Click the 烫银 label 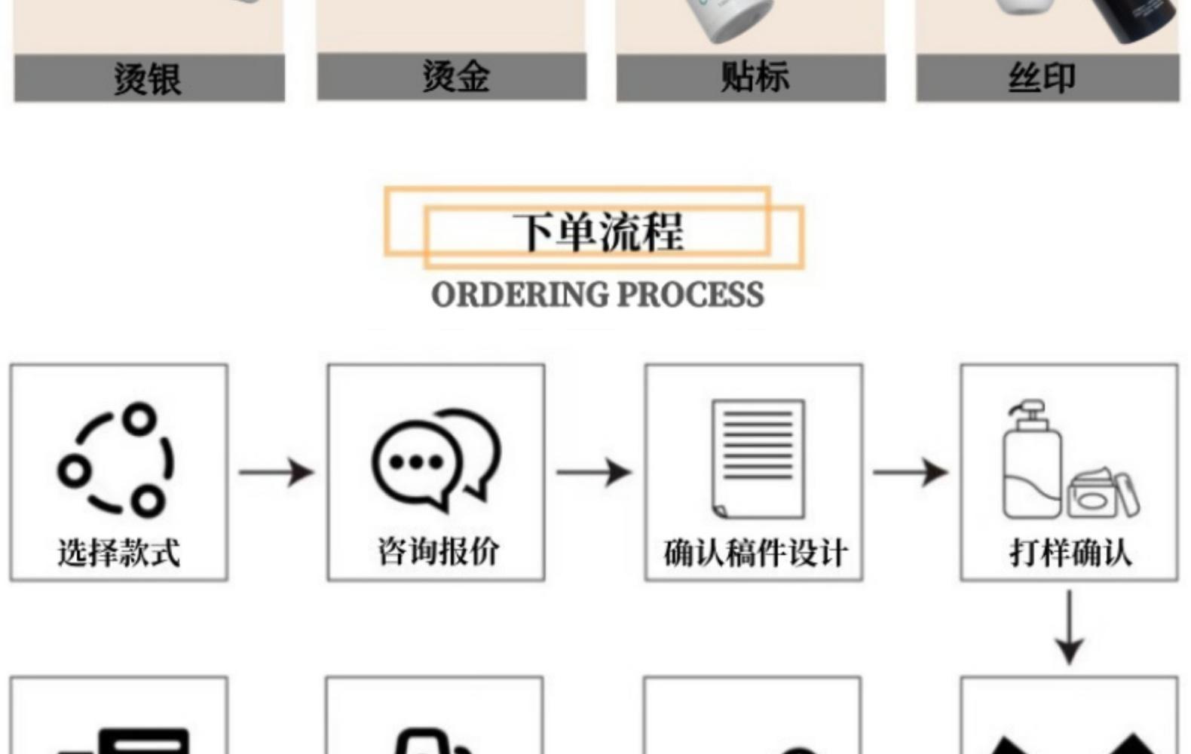click(x=148, y=78)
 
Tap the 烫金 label click(x=455, y=76)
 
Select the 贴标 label click(x=754, y=76)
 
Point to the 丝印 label click(x=1043, y=78)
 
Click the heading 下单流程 click(x=598, y=231)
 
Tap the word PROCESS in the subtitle click(x=690, y=294)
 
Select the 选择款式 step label click(x=119, y=553)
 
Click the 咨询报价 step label click(x=438, y=551)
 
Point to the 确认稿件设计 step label click(x=755, y=553)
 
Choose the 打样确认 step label click(x=1070, y=553)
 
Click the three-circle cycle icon click(x=117, y=459)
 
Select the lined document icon click(x=758, y=458)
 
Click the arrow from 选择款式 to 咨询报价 click(x=276, y=473)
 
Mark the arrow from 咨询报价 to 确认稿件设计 click(x=594, y=473)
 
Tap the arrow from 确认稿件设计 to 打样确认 click(x=911, y=473)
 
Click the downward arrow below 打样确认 click(x=1069, y=627)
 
